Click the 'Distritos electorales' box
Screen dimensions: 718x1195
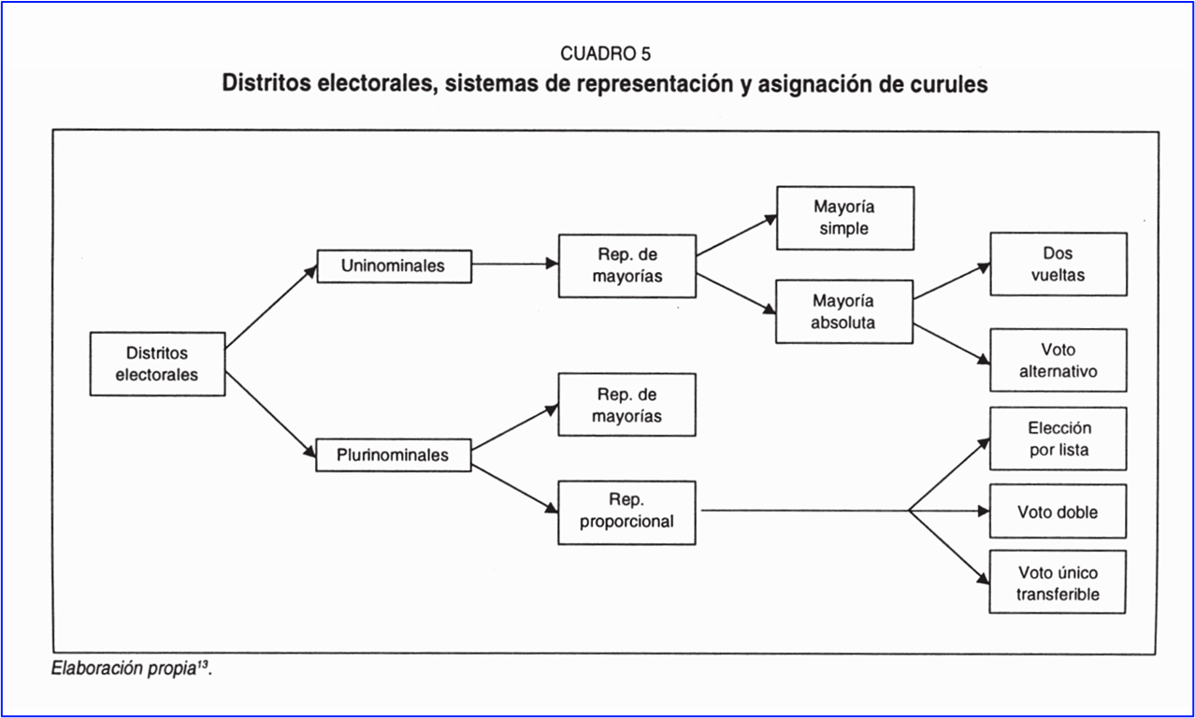click(x=157, y=364)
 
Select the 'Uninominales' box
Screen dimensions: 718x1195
click(x=394, y=266)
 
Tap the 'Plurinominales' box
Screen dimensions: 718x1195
click(x=394, y=455)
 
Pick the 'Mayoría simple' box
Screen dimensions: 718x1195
click(x=844, y=218)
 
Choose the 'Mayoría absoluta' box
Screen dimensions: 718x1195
click(x=844, y=312)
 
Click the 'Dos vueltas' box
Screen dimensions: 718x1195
click(x=1058, y=265)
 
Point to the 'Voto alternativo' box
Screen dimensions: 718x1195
click(x=1058, y=360)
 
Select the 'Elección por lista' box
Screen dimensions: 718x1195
click(x=1058, y=438)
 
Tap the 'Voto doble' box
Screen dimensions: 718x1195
click(x=1058, y=511)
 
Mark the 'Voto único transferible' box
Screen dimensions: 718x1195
click(x=1058, y=582)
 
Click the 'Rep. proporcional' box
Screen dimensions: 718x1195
click(x=626, y=512)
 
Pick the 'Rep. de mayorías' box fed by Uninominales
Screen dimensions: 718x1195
click(x=626, y=266)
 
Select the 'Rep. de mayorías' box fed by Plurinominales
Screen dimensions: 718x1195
click(x=626, y=405)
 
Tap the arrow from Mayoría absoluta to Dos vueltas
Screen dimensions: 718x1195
click(x=951, y=281)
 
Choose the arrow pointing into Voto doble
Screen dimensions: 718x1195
click(x=949, y=511)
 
